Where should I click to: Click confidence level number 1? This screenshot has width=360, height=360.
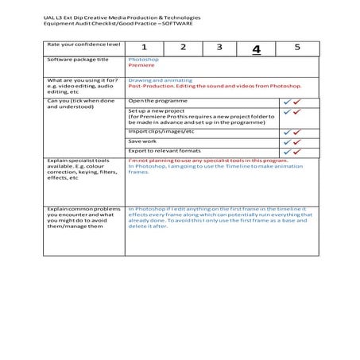coord(145,48)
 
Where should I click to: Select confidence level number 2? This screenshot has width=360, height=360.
coord(183,48)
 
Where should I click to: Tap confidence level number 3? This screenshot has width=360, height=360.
coord(219,48)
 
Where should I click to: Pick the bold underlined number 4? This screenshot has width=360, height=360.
coord(256,48)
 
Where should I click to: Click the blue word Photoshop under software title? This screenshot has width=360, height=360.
coord(143,60)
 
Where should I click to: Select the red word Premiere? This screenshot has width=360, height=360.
coord(141,66)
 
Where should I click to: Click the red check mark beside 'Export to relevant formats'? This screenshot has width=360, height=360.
coord(297,151)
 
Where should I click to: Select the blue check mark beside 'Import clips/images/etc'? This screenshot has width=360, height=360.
coord(286,132)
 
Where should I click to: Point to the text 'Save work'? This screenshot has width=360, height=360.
coord(143,141)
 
